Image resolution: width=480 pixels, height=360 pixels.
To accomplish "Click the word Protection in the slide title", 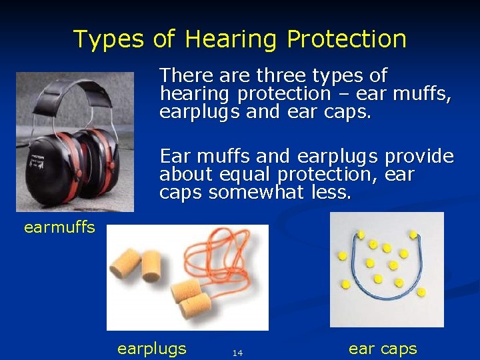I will (347, 39).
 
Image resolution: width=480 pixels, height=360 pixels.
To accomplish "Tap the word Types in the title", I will (109, 39).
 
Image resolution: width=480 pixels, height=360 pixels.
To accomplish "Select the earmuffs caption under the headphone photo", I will (59, 227).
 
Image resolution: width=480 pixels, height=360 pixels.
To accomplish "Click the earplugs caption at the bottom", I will (151, 349).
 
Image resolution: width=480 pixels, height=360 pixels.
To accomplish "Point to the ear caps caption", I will (383, 349).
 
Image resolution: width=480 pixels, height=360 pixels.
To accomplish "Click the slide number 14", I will (237, 353).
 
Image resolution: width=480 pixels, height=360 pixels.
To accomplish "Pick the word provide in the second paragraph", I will (421, 157).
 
